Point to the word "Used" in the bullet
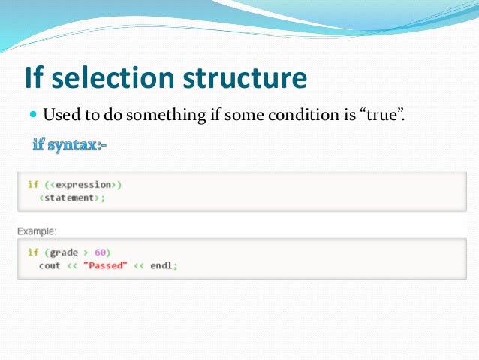(61, 116)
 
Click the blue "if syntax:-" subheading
(69, 143)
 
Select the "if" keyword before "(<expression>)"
(32, 184)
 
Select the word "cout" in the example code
(50, 265)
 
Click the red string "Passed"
(109, 265)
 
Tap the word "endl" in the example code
(161, 265)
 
